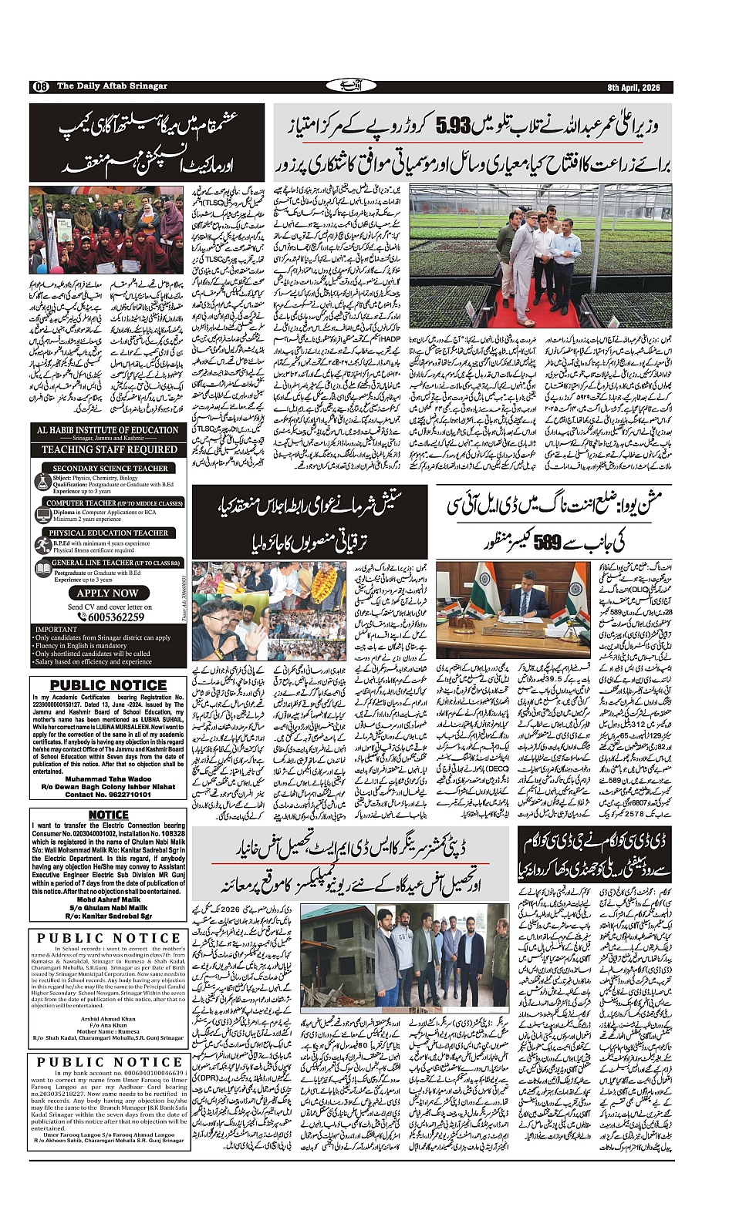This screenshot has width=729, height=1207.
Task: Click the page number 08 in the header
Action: [x=40, y=86]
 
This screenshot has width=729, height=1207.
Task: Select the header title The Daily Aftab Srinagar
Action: [x=112, y=86]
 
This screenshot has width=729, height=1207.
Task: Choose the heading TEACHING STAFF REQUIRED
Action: [x=109, y=449]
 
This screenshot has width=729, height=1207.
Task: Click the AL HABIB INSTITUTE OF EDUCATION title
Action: [x=108, y=430]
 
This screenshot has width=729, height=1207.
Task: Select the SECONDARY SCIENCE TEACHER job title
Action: [x=110, y=468]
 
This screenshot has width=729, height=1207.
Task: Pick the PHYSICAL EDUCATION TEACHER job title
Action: [x=109, y=533]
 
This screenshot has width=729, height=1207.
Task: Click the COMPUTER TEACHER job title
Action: [x=114, y=503]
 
